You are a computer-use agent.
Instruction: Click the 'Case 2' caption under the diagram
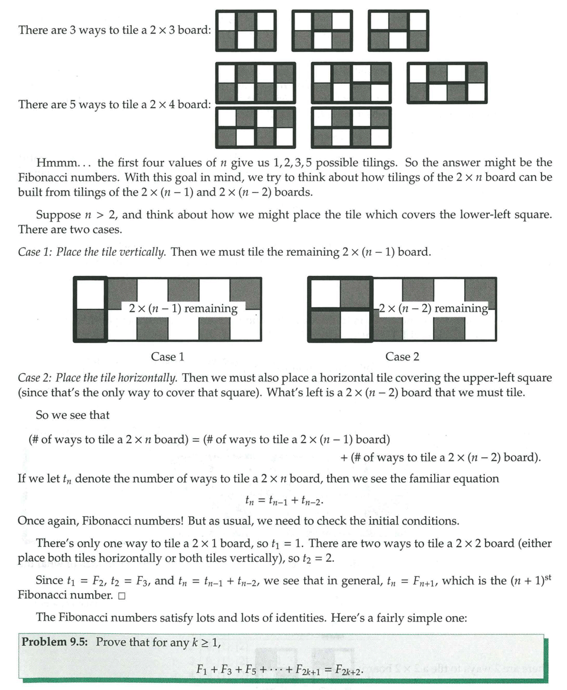(402, 357)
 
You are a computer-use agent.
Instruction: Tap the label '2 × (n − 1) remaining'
(183, 308)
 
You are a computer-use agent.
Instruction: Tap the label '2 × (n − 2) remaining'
(434, 308)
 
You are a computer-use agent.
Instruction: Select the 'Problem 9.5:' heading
(56, 642)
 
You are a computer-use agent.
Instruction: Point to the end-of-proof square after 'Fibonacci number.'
(122, 595)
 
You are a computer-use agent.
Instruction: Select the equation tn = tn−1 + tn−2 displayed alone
(284, 501)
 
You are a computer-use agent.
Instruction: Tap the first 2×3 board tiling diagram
(246, 30)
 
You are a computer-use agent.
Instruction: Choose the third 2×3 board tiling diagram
(398, 30)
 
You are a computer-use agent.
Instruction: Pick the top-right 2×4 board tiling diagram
(447, 83)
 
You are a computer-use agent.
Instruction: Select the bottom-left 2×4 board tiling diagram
(255, 127)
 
